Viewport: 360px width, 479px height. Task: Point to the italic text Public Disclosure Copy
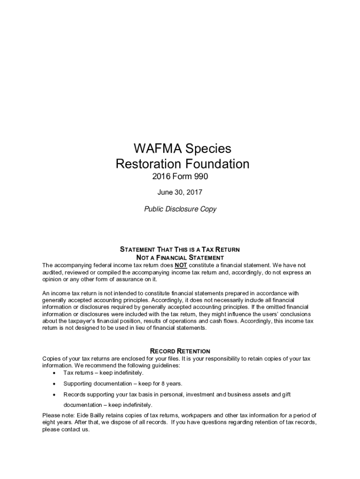180,209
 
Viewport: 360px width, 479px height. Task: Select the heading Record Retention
180,351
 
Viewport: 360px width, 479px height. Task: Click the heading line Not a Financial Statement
180,258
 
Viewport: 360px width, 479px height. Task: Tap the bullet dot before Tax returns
55,373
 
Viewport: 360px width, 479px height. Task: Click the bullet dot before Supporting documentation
55,384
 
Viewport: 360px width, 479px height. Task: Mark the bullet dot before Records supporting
55,395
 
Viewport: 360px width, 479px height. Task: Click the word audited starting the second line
52,272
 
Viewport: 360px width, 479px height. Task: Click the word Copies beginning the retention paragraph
52,359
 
